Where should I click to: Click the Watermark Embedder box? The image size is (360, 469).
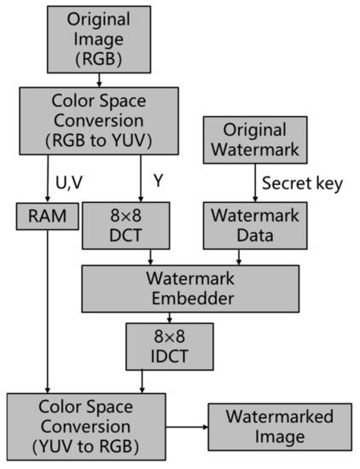191,288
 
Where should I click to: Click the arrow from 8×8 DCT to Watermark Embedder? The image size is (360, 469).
151,257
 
